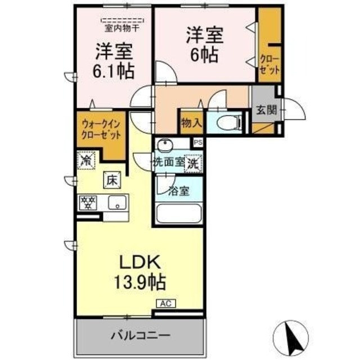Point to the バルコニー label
click(x=139, y=336)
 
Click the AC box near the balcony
click(x=165, y=304)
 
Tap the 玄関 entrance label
click(x=267, y=110)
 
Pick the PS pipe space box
click(x=197, y=143)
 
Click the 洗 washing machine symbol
click(x=193, y=164)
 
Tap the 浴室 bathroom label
click(x=178, y=191)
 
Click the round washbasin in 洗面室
click(x=164, y=146)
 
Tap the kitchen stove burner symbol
click(x=87, y=202)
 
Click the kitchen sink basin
click(x=118, y=202)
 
